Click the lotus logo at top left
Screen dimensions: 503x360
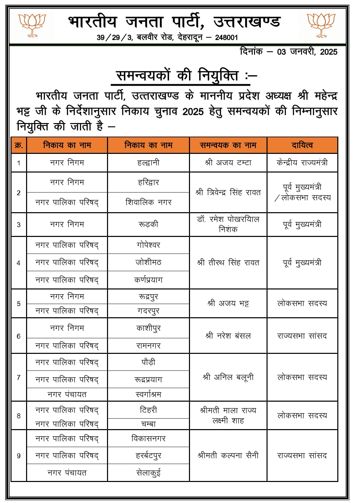click(x=32, y=25)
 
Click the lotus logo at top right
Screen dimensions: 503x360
click(x=321, y=25)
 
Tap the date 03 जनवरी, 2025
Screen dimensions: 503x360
click(x=307, y=52)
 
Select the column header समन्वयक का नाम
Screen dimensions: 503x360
click(x=228, y=145)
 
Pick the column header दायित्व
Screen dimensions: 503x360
click(x=302, y=145)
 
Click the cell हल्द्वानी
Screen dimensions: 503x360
click(x=148, y=163)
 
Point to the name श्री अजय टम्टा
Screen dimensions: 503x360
click(x=228, y=163)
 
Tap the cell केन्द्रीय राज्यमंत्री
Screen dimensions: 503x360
click(x=302, y=163)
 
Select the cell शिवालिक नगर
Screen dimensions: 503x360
click(x=148, y=202)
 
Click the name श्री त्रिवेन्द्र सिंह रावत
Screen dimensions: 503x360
click(x=228, y=193)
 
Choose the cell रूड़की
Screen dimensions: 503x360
click(x=148, y=224)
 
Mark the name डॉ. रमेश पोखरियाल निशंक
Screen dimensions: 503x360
click(x=228, y=224)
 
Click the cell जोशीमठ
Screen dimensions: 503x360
click(x=148, y=262)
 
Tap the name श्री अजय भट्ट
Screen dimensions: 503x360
click(x=228, y=303)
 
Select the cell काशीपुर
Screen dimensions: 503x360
click(x=148, y=328)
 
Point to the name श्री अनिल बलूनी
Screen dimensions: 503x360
click(x=228, y=377)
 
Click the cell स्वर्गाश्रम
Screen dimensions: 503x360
click(x=148, y=395)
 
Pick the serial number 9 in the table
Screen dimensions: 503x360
click(x=19, y=456)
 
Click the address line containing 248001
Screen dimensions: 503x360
click(x=167, y=37)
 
